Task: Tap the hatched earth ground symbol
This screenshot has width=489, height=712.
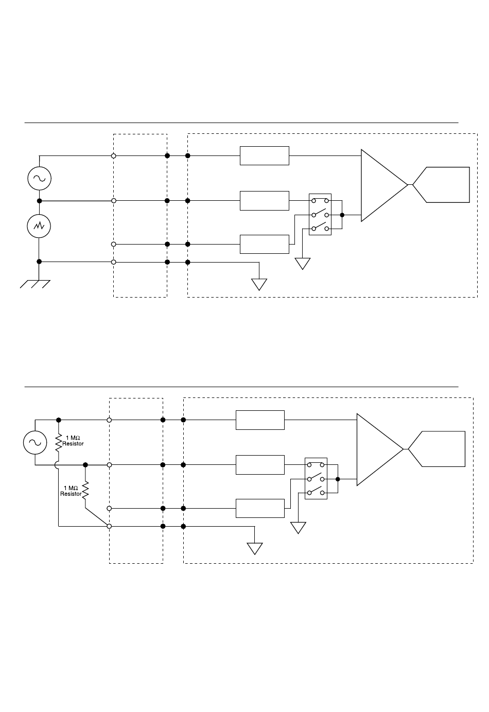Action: [35, 284]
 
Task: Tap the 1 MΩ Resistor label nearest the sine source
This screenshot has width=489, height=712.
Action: [73, 441]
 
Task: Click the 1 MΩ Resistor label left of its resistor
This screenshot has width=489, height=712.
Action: [71, 491]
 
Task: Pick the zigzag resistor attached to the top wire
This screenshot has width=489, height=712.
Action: [59, 442]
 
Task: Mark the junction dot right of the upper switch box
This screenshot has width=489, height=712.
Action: [342, 215]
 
